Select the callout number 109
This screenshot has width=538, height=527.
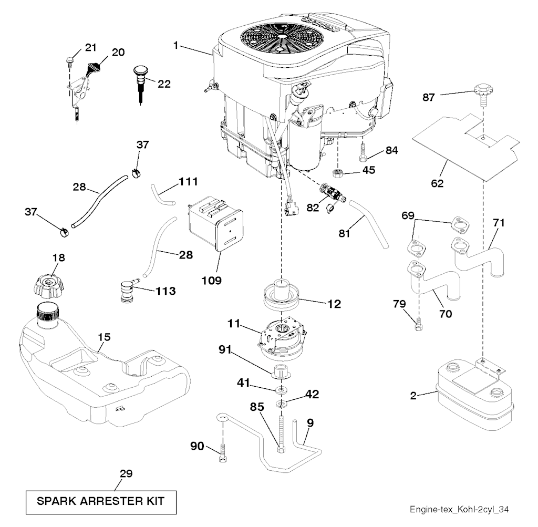pyautogui.click(x=211, y=281)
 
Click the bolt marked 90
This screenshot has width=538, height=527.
pyautogui.click(x=222, y=452)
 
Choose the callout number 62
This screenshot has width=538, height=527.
pyautogui.click(x=437, y=183)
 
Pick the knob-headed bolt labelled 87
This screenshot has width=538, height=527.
pyautogui.click(x=482, y=94)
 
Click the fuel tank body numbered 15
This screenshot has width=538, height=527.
pyautogui.click(x=100, y=378)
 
